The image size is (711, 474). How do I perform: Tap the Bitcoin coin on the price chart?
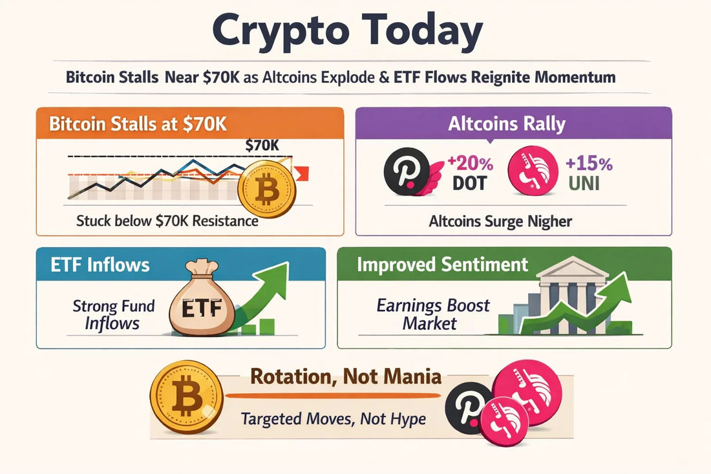(x=266, y=191)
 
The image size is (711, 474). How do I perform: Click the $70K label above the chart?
(x=262, y=146)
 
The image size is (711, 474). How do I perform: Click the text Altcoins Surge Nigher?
(x=500, y=222)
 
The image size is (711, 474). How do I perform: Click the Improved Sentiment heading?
(x=442, y=264)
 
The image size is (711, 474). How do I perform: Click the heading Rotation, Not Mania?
(x=346, y=376)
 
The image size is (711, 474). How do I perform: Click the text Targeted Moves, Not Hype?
(x=334, y=418)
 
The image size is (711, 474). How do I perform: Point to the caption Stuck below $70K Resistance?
(x=167, y=221)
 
